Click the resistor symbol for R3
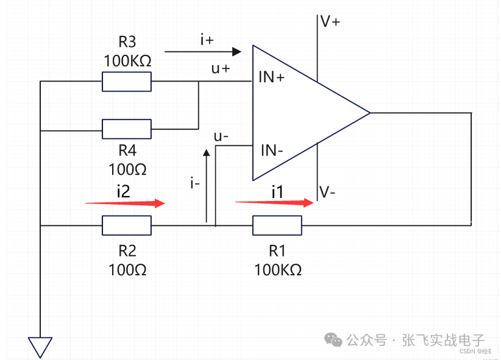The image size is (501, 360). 126,82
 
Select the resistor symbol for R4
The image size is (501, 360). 126,129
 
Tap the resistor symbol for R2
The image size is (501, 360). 126,225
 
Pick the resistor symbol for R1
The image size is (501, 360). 277,225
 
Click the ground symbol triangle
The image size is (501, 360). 40,347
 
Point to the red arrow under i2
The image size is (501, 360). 125,203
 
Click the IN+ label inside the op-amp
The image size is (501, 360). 272,77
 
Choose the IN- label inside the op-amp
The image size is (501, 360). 272,150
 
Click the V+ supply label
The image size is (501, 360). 330,22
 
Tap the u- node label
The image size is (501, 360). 221,136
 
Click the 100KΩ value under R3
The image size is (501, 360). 127,62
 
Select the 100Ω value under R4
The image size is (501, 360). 127,168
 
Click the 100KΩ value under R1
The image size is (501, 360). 278,269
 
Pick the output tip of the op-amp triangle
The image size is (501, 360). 369,113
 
